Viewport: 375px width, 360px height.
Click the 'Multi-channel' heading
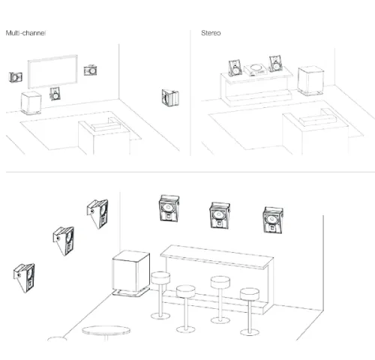(x=25, y=33)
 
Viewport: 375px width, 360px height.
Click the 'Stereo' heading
(x=211, y=33)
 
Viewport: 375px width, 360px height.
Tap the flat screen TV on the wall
(x=52, y=71)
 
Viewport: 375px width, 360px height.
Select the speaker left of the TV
(x=16, y=77)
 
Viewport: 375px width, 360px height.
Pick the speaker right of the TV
(x=90, y=70)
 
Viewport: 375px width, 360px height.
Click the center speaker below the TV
(x=55, y=94)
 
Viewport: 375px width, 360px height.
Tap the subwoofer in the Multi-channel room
(x=31, y=103)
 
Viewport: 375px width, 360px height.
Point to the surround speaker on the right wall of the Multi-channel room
(x=170, y=97)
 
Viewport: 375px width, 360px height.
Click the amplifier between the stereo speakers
(x=255, y=70)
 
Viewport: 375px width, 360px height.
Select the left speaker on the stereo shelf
(x=235, y=68)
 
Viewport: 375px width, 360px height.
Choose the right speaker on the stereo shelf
(x=275, y=64)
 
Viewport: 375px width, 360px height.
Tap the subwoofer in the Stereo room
(x=310, y=81)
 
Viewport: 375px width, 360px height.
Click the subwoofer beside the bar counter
(x=131, y=273)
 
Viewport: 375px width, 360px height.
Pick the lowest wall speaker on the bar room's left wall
(x=24, y=277)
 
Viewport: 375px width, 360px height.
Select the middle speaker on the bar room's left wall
(x=64, y=241)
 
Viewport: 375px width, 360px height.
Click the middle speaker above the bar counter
(x=220, y=215)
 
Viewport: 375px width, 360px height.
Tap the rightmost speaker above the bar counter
(x=273, y=220)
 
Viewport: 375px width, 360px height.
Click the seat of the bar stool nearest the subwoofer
(x=160, y=277)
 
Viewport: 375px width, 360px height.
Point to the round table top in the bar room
(x=106, y=331)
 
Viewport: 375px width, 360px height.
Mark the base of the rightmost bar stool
(x=250, y=332)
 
